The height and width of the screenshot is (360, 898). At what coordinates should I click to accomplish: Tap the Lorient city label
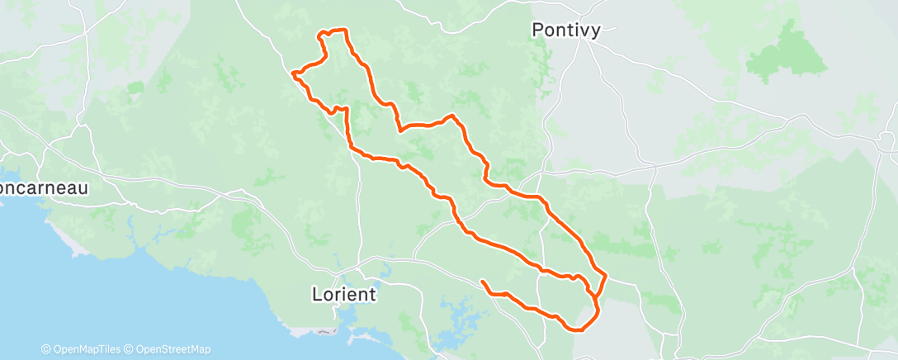click(344, 294)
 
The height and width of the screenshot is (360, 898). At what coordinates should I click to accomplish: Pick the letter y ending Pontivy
click(603, 31)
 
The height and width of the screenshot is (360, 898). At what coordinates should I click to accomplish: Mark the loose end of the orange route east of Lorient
click(483, 282)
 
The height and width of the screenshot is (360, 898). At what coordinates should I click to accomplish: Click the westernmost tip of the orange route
click(293, 73)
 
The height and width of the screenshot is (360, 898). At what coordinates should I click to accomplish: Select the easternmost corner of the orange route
click(606, 275)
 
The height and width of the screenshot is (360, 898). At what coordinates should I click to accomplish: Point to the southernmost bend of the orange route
click(578, 329)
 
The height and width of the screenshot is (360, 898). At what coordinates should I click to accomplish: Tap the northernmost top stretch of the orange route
click(334, 31)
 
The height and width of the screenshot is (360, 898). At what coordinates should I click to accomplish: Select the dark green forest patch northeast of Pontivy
click(788, 50)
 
